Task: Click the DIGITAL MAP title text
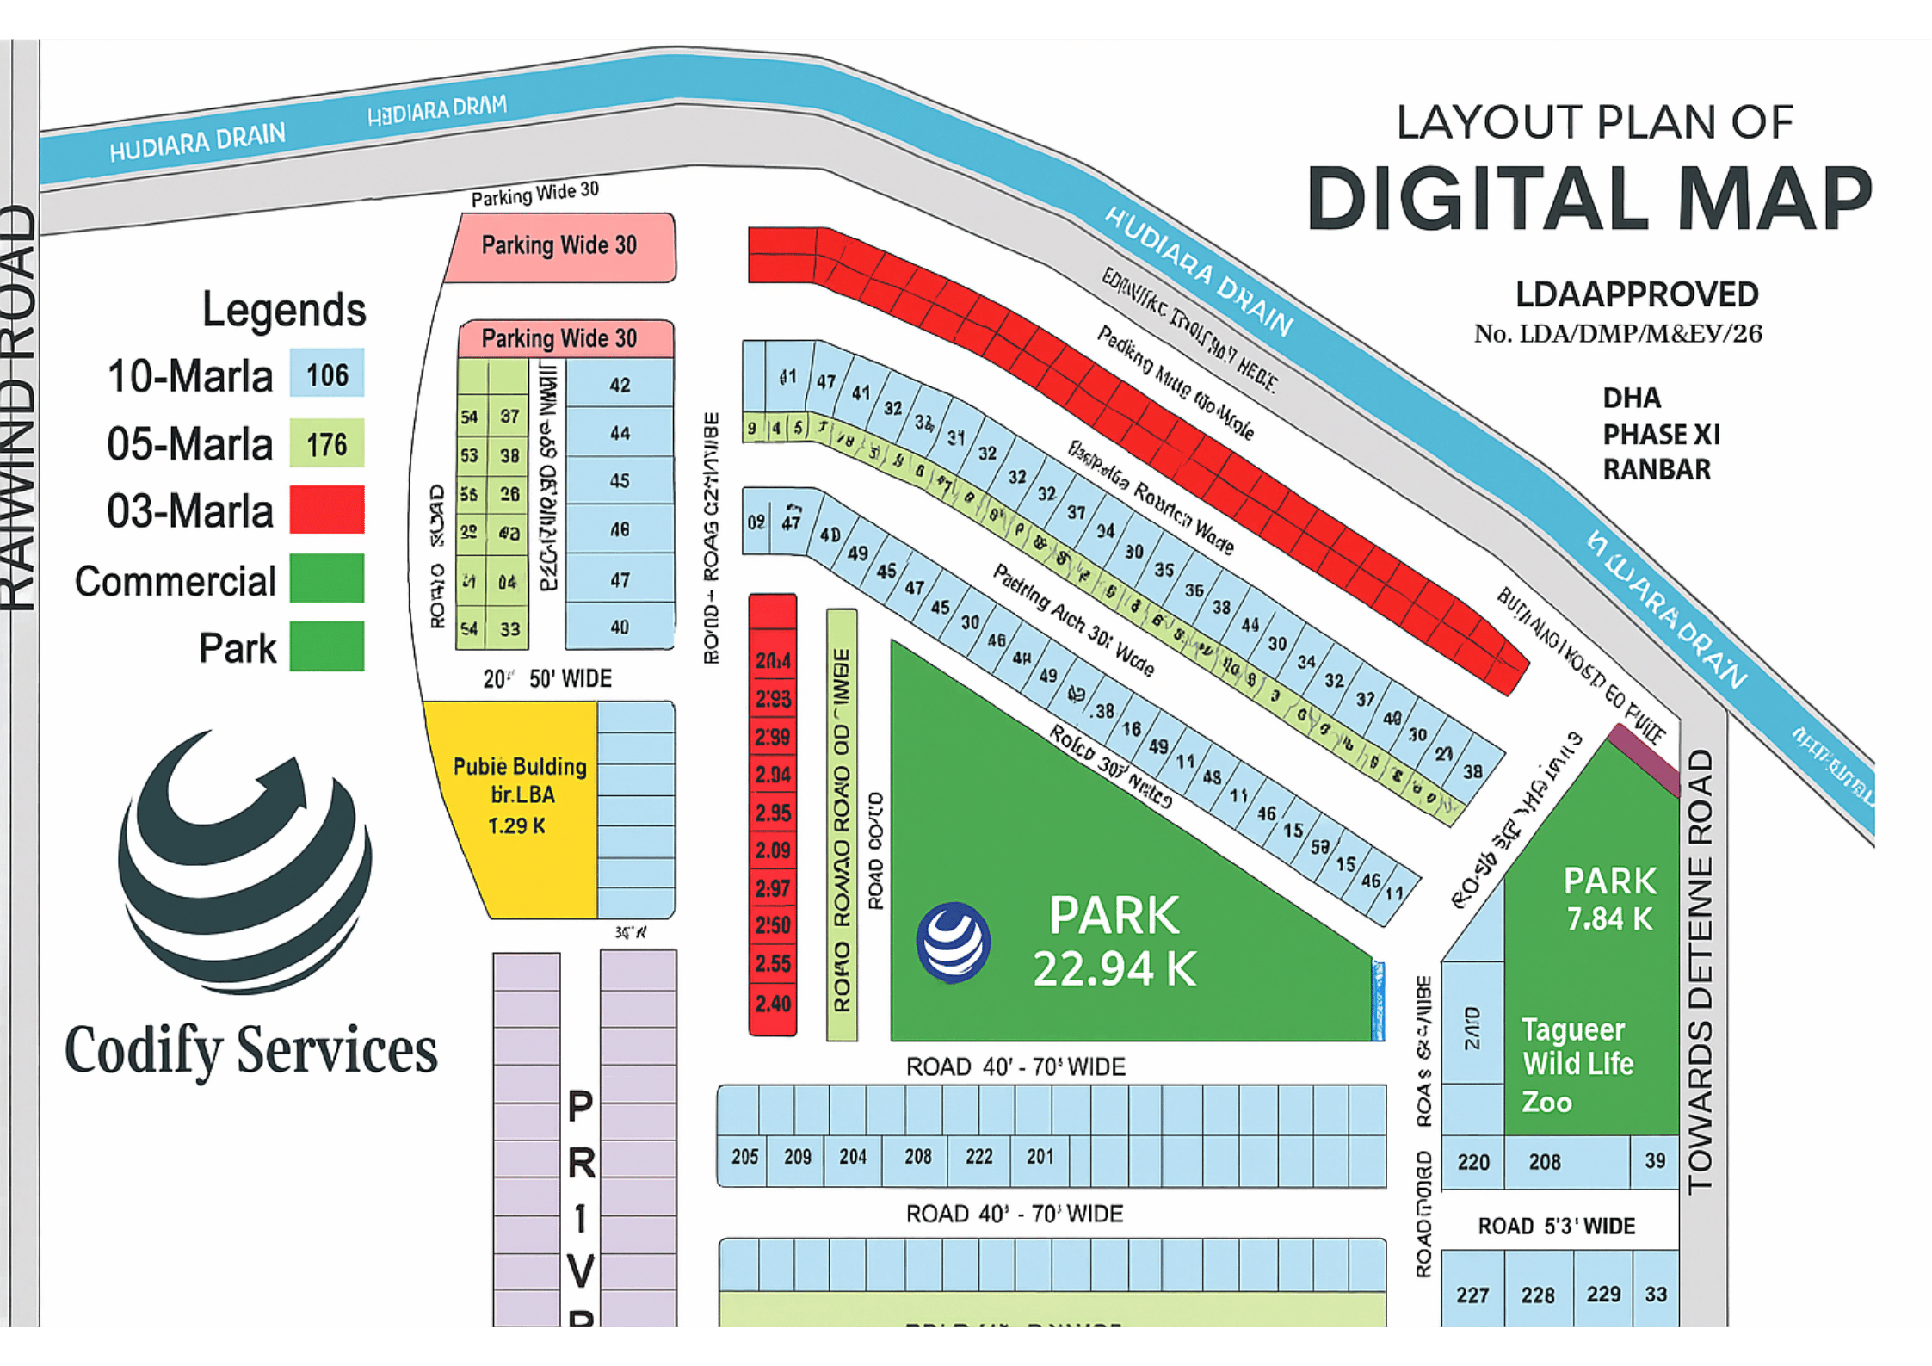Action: [x=1589, y=200]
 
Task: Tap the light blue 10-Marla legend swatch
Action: [x=326, y=374]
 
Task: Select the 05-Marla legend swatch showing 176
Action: [x=326, y=443]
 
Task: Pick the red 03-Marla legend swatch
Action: [x=326, y=510]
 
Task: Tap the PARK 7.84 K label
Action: [x=1608, y=899]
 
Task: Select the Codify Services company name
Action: [x=250, y=1050]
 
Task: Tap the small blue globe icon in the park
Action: [x=953, y=942]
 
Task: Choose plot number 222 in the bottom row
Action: [x=978, y=1157]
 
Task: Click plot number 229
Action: [x=1603, y=1294]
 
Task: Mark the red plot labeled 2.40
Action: [x=773, y=1004]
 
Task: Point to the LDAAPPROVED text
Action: [x=1636, y=294]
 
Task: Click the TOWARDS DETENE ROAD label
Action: [x=1701, y=973]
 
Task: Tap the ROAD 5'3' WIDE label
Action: [x=1556, y=1226]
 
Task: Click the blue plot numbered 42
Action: [x=620, y=385]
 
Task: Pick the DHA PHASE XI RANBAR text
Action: [x=1660, y=434]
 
